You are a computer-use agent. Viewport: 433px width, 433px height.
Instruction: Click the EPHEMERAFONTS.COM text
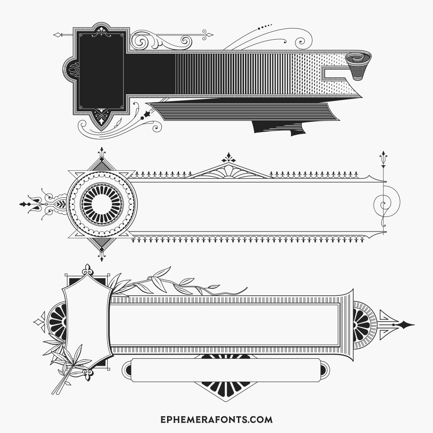(x=216, y=419)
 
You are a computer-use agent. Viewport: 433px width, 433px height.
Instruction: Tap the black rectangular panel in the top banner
(x=101, y=71)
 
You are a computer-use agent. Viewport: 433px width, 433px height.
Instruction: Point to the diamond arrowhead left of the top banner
(x=57, y=35)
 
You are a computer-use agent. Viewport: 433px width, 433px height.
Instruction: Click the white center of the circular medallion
(x=102, y=204)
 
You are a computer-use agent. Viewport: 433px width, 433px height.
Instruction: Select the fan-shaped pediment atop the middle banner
(x=228, y=171)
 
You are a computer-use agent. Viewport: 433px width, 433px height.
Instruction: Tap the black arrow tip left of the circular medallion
(x=25, y=204)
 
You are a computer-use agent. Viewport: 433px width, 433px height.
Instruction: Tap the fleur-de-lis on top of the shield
(x=88, y=270)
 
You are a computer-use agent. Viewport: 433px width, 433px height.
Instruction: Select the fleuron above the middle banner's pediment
(x=229, y=158)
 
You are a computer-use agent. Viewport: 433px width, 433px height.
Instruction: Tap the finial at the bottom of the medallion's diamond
(x=102, y=256)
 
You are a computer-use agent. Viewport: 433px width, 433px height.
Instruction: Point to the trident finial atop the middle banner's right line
(x=384, y=159)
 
